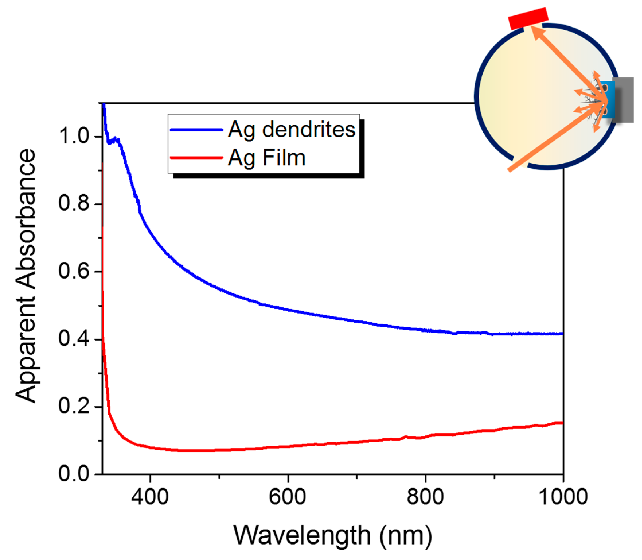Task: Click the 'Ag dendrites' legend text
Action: (x=291, y=129)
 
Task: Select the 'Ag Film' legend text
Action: (x=266, y=158)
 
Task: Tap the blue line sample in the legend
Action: (x=196, y=129)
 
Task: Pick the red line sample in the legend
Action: (x=196, y=158)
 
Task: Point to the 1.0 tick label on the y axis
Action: (x=74, y=137)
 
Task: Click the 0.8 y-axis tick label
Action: (x=74, y=204)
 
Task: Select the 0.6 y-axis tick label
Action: (x=74, y=271)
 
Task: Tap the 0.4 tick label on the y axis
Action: (x=74, y=339)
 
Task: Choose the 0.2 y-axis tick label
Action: (x=74, y=407)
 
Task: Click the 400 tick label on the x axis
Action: (x=150, y=497)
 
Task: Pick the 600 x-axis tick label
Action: (x=287, y=497)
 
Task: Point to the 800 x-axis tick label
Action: (x=425, y=497)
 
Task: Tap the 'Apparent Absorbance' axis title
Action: (x=26, y=276)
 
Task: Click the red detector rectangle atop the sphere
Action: (x=528, y=18)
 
